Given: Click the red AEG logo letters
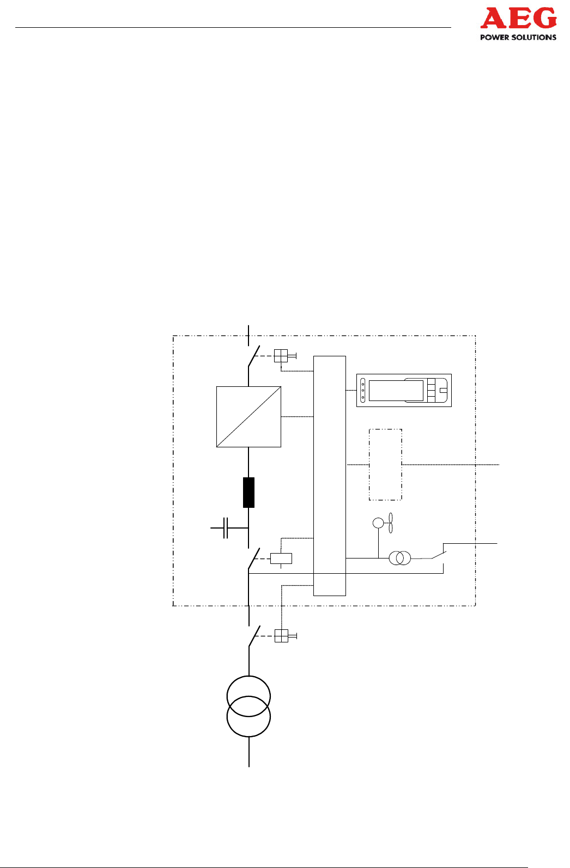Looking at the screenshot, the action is tap(518, 20).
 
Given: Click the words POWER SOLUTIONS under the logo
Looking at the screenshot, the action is tap(518, 38).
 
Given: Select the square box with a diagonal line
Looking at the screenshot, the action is tap(248, 417).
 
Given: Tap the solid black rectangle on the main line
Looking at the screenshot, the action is tap(248, 493).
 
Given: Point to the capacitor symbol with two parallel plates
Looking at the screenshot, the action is tap(226, 528).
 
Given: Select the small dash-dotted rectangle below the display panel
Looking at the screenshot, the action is tap(385, 464).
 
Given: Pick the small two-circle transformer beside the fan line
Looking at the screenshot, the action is tap(400, 558).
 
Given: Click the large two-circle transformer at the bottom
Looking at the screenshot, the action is tap(248, 707).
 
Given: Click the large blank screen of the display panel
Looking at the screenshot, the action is tap(396, 391).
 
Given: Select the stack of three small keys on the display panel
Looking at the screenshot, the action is tap(431, 391).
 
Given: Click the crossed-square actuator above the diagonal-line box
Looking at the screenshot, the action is tap(281, 356).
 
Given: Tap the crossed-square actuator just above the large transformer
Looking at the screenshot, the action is tap(281, 636).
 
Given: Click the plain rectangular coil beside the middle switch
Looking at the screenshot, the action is tap(281, 559).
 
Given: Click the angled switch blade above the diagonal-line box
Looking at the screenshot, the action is tap(253, 357).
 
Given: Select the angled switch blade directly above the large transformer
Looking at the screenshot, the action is tap(254, 636).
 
